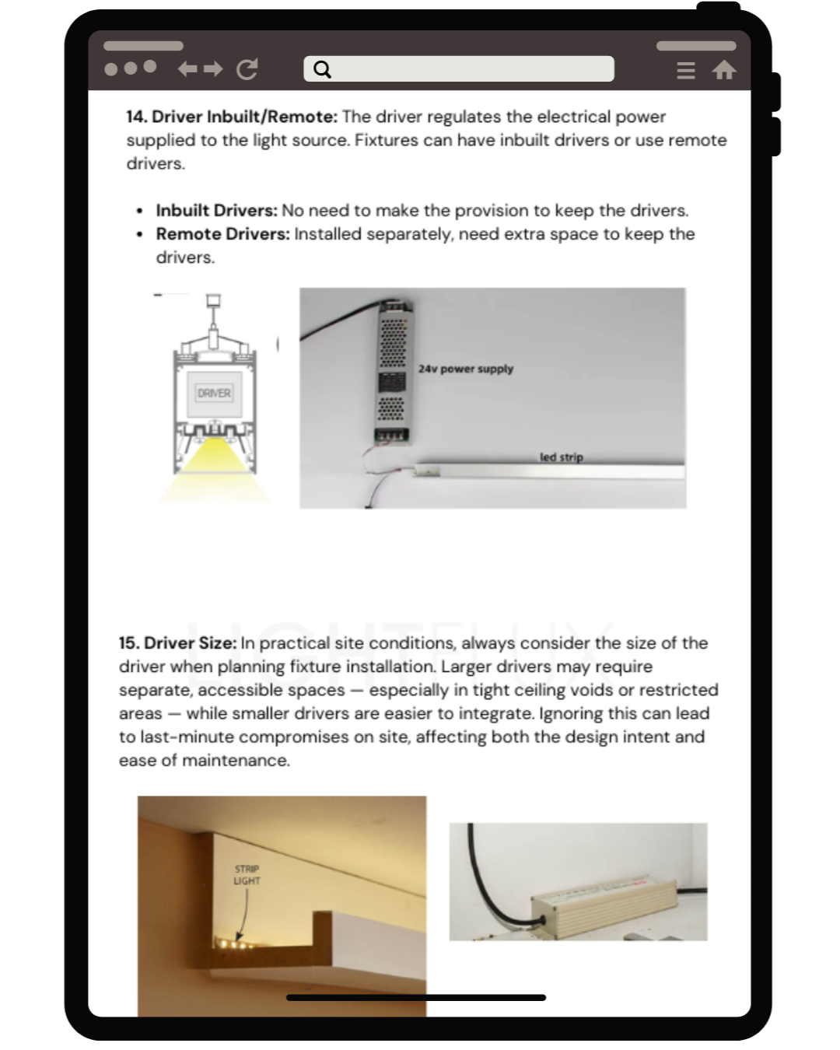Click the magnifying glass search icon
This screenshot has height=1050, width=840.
pos(322,70)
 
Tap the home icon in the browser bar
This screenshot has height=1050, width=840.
pos(724,71)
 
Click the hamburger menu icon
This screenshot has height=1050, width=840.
pos(685,71)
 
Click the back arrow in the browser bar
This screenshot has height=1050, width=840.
pos(187,69)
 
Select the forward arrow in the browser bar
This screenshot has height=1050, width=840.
pos(213,69)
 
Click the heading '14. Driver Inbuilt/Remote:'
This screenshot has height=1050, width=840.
pos(232,117)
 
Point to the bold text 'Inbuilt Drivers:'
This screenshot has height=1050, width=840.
pos(216,211)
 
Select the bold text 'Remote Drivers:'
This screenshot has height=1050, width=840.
pos(222,234)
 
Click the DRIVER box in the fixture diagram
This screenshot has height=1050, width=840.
pos(214,394)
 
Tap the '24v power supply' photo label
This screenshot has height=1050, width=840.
pos(465,369)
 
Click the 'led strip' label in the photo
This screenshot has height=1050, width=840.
pos(561,457)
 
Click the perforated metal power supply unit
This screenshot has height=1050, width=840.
pos(393,373)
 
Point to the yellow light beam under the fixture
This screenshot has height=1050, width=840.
pos(213,471)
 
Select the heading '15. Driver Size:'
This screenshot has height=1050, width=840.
pos(177,643)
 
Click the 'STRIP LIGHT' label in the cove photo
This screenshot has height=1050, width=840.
pos(247,875)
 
